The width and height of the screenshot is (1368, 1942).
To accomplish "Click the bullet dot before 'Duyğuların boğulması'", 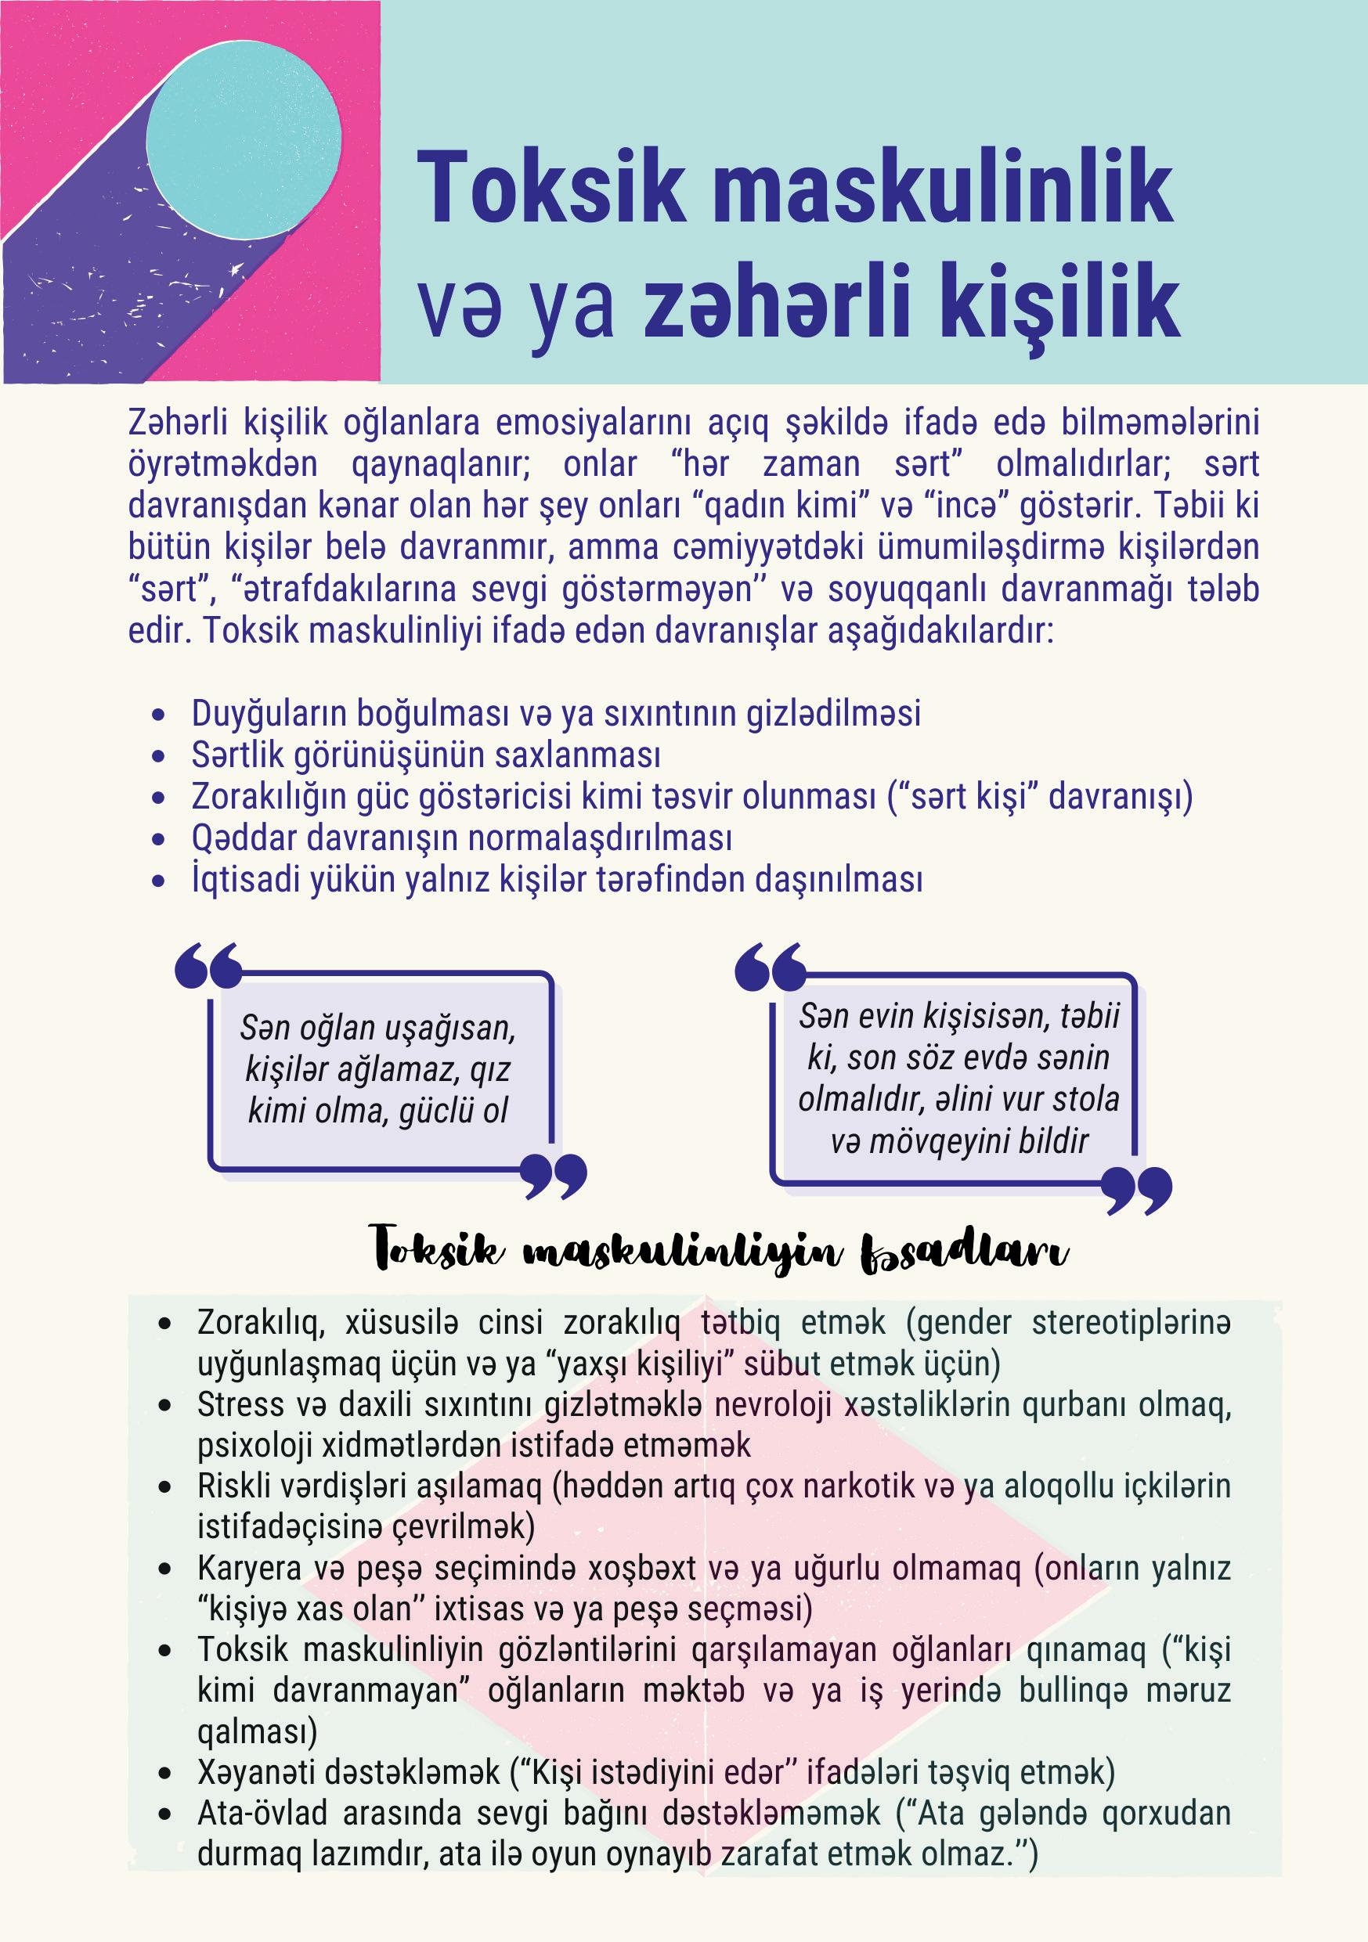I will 158,715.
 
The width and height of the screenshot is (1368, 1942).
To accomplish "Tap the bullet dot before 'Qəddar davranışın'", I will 158,840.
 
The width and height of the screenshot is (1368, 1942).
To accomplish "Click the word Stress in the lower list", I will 240,1405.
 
